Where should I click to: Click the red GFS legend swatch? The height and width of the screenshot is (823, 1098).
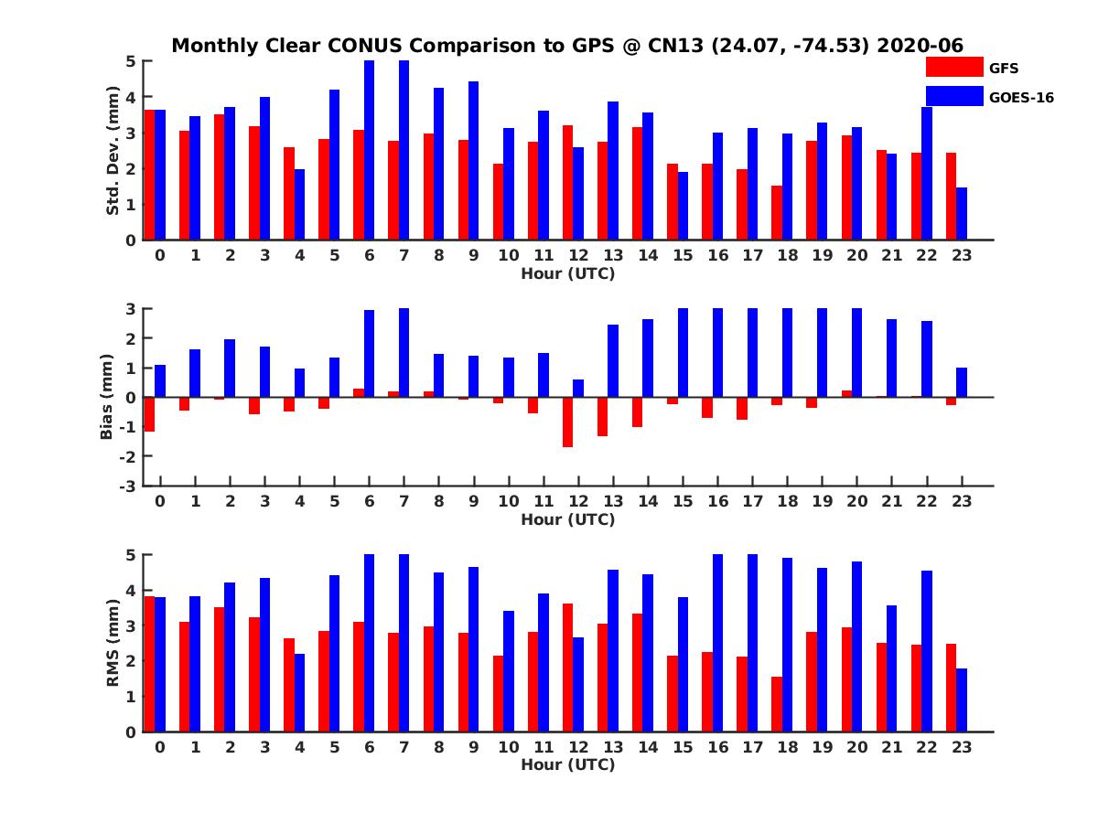point(953,67)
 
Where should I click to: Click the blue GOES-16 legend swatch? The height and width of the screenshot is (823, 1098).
point(953,96)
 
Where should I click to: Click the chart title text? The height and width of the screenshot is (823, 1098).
point(567,45)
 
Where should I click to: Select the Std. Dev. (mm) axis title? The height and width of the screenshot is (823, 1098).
point(113,151)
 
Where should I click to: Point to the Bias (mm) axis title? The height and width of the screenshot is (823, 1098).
point(107,397)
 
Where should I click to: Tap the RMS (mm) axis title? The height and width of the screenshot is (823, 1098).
point(113,643)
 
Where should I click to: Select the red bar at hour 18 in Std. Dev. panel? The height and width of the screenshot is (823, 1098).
point(777,213)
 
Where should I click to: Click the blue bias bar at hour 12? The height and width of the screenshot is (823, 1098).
point(578,389)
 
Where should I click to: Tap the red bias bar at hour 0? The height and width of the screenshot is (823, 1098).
point(149,414)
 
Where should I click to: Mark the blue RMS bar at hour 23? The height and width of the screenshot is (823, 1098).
point(962,700)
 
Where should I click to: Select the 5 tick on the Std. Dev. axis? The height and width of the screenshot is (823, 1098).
point(132,61)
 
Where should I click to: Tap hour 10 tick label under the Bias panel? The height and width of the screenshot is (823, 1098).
point(508,501)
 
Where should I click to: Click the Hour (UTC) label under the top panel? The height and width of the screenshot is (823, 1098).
point(567,273)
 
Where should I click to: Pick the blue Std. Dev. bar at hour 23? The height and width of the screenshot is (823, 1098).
point(962,214)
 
